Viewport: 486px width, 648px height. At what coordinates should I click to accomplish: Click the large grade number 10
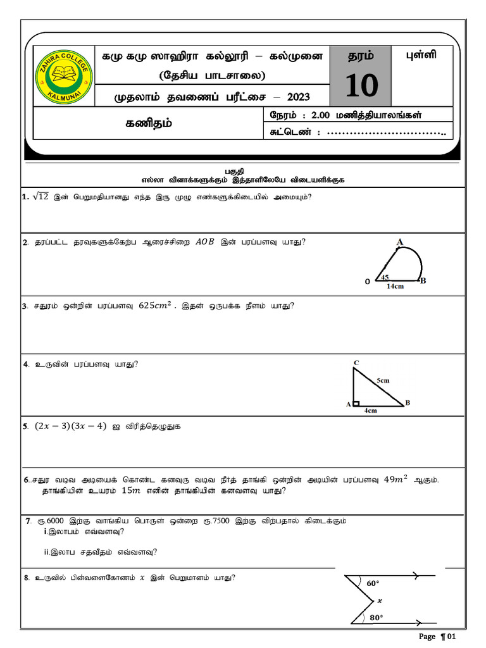coord(361,85)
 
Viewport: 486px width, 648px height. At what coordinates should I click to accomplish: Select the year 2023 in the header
coord(299,97)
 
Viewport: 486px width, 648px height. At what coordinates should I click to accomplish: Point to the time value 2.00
coord(324,115)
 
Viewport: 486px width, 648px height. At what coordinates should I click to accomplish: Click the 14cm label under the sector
coord(395,285)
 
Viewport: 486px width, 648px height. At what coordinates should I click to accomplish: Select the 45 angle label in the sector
coord(385,277)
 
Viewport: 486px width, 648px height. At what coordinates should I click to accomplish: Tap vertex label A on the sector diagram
coord(399,242)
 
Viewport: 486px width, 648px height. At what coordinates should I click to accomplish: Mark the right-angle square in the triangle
coord(356,403)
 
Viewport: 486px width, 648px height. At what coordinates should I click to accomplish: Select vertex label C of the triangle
coord(356,362)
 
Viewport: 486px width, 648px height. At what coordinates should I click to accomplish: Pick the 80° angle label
coord(377,617)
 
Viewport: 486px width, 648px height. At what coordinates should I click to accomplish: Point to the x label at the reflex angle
coord(380,601)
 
